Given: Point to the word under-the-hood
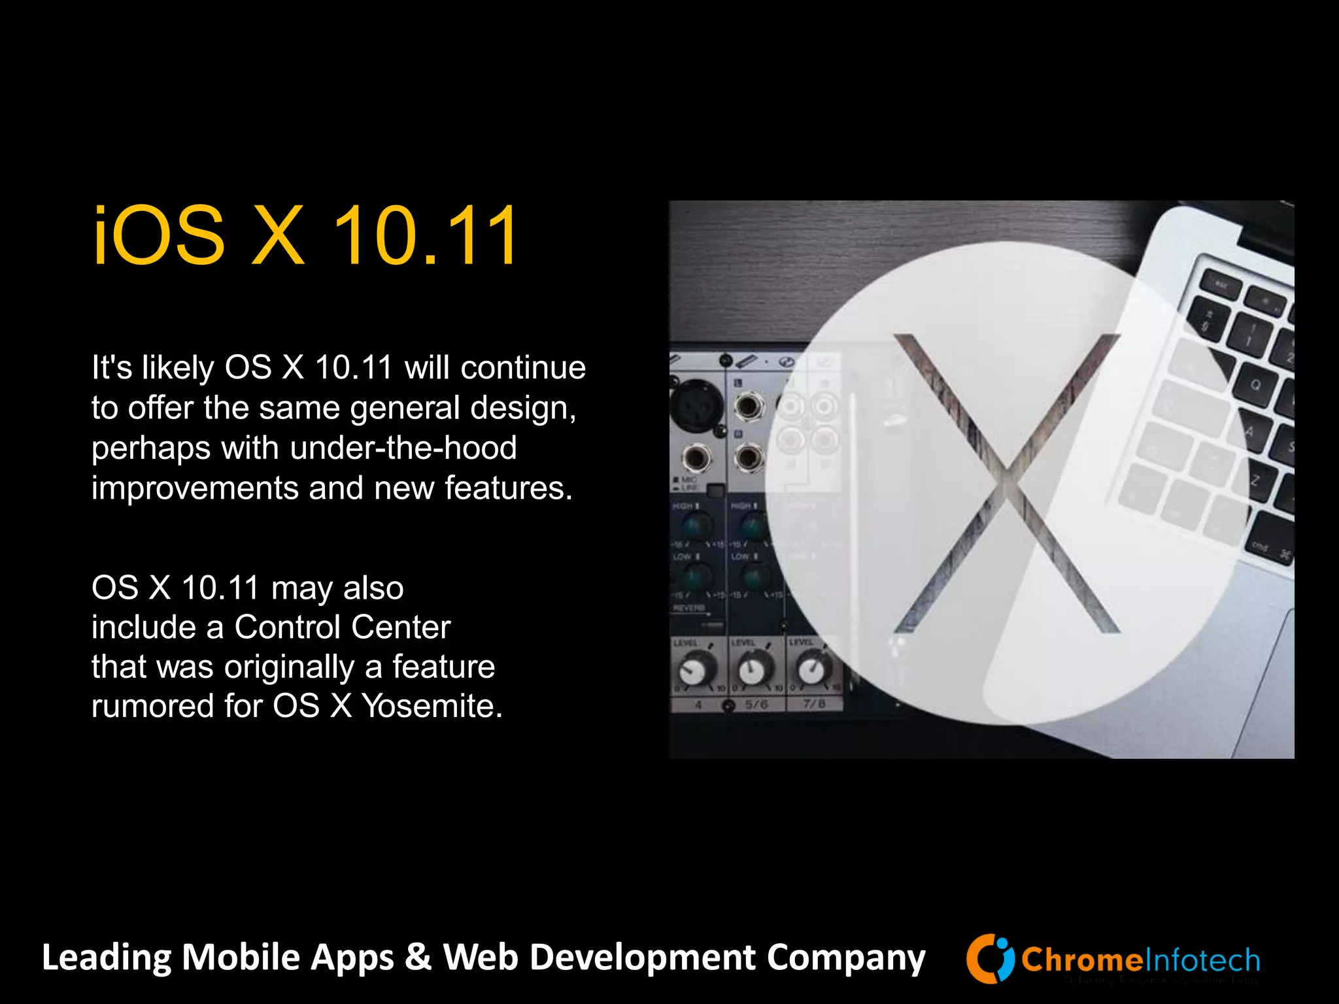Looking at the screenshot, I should [x=403, y=448].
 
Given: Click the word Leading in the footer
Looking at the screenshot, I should [x=106, y=958].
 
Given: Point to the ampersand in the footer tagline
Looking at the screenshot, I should [x=418, y=958].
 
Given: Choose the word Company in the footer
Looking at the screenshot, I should [x=846, y=958].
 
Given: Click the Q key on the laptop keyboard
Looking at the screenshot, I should [x=1255, y=385].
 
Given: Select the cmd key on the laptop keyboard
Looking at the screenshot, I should [x=1260, y=546].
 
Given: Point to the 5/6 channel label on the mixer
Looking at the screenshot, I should [x=756, y=705].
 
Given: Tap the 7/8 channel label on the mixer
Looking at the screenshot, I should [x=814, y=704].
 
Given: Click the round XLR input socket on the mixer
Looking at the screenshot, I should [x=697, y=406].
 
